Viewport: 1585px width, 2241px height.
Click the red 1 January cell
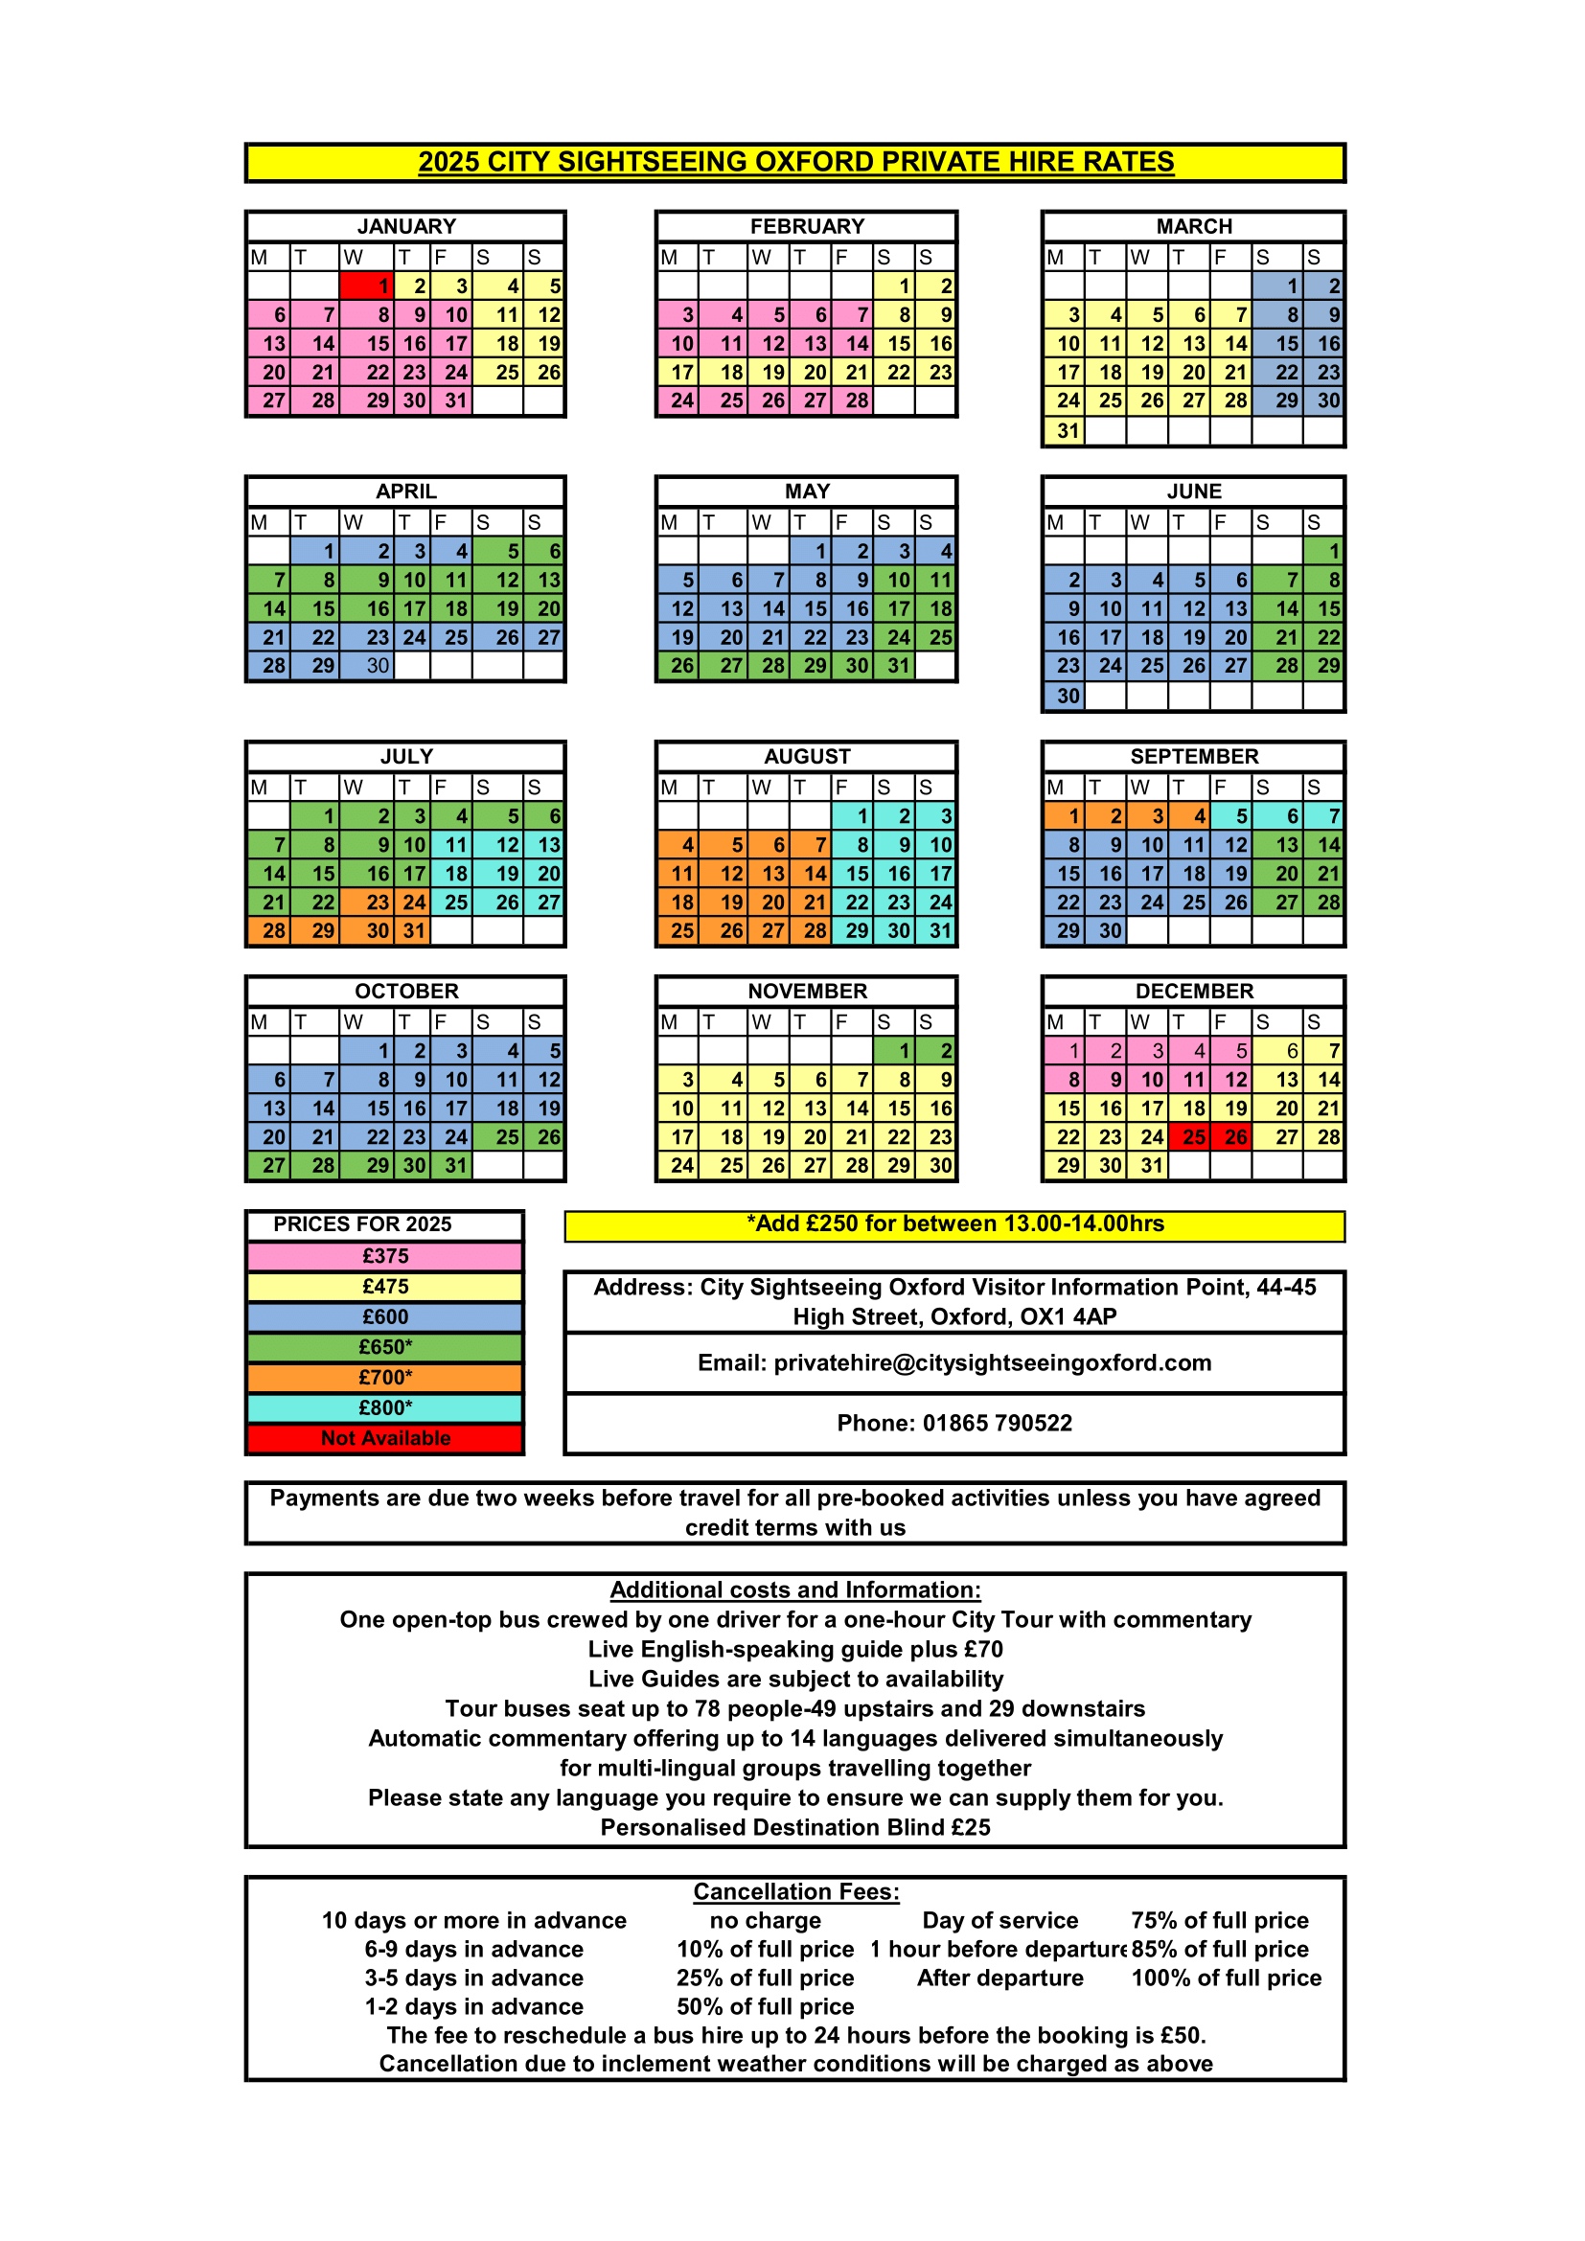[367, 286]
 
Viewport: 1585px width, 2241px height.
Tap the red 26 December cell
[1230, 1137]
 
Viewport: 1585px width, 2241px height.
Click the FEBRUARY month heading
[807, 226]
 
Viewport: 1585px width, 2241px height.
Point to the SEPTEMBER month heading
[1194, 757]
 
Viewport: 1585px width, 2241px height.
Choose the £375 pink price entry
[385, 1256]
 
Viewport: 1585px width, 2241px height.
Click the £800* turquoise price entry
[385, 1407]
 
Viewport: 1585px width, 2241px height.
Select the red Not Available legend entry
[385, 1438]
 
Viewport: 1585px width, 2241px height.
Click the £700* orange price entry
[385, 1377]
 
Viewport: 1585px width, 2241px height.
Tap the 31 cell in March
[1065, 431]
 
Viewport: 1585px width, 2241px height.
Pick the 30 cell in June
[1065, 696]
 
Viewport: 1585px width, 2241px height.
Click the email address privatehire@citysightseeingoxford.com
[993, 1362]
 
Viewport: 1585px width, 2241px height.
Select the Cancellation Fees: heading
[796, 1891]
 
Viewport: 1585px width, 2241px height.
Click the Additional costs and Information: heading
[795, 1590]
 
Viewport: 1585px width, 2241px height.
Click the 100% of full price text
[1226, 1978]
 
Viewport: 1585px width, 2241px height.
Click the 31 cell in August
[937, 931]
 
